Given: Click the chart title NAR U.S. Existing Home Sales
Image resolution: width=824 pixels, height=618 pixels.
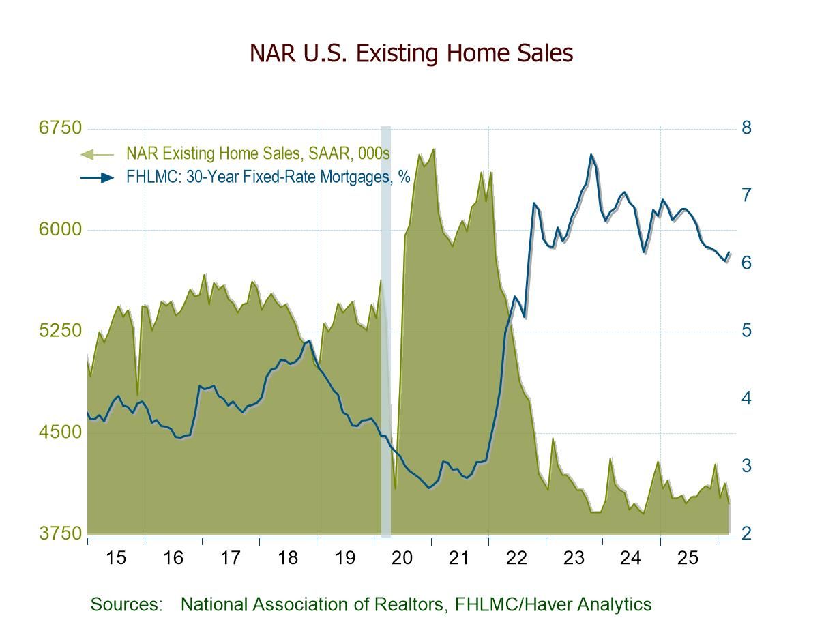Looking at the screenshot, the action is pos(411,53).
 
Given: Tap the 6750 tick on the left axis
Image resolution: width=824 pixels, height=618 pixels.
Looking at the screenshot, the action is pos(60,128).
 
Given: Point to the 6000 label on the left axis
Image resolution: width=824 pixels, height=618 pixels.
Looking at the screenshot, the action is pos(60,229).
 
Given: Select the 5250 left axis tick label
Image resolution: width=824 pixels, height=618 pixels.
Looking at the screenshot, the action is pos(60,331).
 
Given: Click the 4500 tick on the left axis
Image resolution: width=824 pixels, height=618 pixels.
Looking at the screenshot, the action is pos(60,432).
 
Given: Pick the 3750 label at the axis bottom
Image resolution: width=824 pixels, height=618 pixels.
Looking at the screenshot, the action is pos(60,533).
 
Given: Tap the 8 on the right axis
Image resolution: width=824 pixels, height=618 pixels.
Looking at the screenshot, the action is pos(746,128).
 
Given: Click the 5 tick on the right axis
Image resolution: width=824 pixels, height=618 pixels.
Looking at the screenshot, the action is pos(746,331).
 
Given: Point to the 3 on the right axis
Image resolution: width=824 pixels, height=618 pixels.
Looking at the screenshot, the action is pos(746,466).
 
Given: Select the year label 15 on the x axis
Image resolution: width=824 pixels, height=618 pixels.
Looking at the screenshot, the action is pos(116,558).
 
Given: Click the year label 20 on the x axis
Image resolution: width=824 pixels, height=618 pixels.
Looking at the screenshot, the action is pos(402,558).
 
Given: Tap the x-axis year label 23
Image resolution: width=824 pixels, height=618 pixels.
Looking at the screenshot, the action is pos(574,558).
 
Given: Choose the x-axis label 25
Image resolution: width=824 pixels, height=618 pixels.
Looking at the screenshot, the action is pos(688,558).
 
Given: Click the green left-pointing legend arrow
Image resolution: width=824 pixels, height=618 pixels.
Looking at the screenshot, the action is pos(98,154).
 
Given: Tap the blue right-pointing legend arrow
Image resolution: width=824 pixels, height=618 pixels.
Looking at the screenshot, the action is pos(98,178).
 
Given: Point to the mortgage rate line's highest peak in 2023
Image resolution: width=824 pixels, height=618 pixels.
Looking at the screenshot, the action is pos(591,154).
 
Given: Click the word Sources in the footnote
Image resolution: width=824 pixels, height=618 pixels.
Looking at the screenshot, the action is pos(126,604).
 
